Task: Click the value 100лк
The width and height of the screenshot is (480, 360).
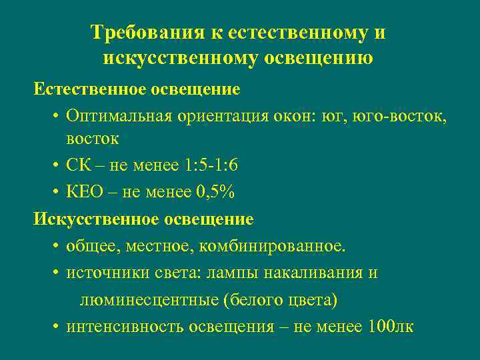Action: (390, 327)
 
